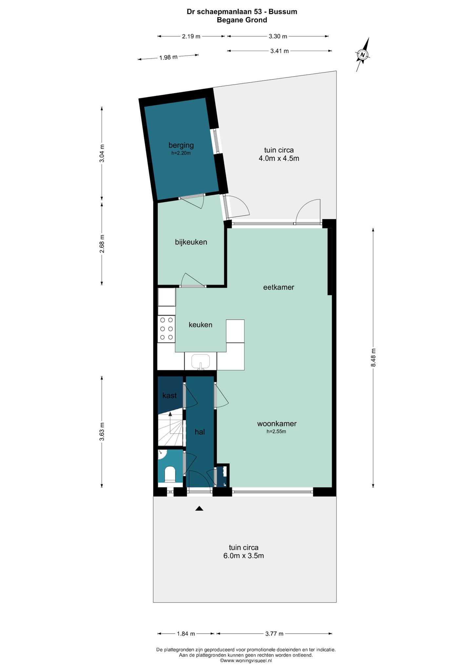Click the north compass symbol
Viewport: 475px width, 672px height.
click(x=363, y=54)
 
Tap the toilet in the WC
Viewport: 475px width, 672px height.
click(x=170, y=474)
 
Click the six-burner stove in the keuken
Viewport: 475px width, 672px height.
click(x=166, y=329)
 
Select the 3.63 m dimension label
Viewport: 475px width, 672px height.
click(x=102, y=432)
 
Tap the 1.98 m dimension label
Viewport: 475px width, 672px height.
click(x=168, y=57)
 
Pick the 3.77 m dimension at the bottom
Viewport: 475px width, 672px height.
click(x=274, y=634)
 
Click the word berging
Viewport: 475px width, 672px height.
click(x=181, y=145)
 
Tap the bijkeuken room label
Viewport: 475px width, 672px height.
click(x=191, y=242)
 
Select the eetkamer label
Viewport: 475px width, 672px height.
click(x=279, y=287)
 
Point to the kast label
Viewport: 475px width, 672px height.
click(x=169, y=396)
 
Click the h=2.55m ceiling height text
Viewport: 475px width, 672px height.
click(x=276, y=432)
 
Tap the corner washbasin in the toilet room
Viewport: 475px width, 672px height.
click(x=162, y=455)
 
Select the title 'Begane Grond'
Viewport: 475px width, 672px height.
click(x=242, y=20)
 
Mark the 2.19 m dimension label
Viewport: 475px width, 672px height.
click(x=191, y=36)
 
